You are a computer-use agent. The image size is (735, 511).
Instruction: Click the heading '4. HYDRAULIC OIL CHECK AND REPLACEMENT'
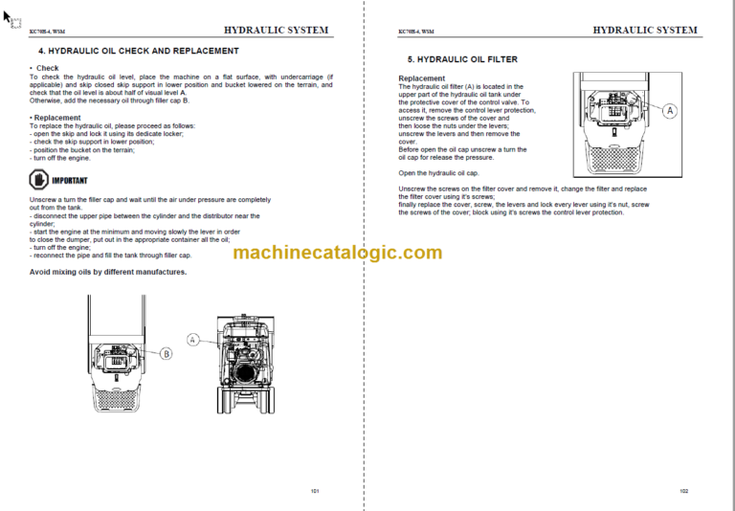click(138, 51)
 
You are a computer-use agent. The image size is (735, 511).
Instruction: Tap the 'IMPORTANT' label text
click(70, 180)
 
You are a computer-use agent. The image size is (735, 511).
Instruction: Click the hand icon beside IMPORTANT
click(38, 180)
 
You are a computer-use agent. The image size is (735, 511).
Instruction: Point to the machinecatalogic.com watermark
click(338, 253)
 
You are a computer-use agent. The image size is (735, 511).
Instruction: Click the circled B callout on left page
click(166, 353)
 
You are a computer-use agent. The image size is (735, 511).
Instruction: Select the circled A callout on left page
click(193, 340)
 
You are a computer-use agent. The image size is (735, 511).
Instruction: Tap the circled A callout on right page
click(669, 111)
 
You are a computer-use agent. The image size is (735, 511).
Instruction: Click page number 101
click(315, 490)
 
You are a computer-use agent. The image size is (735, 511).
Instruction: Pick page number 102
click(683, 490)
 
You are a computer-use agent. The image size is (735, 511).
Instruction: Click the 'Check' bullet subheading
click(47, 69)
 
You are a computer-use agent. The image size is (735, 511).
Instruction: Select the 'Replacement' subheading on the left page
click(56, 118)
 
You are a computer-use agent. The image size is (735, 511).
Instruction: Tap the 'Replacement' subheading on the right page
click(421, 78)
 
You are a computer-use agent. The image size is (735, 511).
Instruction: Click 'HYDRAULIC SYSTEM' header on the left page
click(277, 31)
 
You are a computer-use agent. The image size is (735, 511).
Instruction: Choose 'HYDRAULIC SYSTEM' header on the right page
click(645, 31)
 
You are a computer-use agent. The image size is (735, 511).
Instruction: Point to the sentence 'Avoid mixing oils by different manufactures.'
click(108, 272)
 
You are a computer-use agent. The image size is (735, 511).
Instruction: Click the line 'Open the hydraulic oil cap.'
click(437, 173)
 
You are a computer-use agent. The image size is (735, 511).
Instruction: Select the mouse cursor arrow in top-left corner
click(11, 16)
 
